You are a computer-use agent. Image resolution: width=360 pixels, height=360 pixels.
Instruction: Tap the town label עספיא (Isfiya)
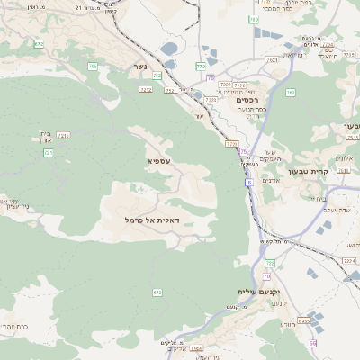[158, 159]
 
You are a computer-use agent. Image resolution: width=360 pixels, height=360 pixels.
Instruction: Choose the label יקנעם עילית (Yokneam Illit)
[259, 292]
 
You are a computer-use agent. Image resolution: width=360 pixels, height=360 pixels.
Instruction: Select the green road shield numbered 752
[157, 76]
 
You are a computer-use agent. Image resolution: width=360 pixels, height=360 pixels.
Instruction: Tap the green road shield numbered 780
[255, 18]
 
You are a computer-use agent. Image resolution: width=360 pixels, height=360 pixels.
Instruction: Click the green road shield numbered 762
[291, 92]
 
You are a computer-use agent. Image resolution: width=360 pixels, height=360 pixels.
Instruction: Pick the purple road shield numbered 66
[312, 343]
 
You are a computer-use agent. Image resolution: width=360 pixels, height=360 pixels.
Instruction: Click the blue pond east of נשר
[169, 49]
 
